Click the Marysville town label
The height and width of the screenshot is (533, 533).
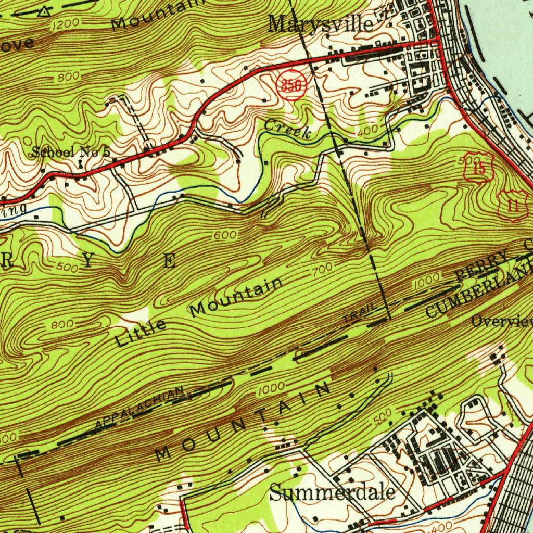321,23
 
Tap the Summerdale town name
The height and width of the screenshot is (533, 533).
333,492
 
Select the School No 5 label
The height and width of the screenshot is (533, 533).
71,152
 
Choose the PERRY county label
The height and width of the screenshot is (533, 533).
481,266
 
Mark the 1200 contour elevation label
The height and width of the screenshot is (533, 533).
67,23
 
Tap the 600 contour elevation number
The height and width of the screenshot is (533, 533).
225,235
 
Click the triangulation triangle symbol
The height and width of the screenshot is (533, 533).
46,10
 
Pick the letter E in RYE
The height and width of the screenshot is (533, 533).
170,261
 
